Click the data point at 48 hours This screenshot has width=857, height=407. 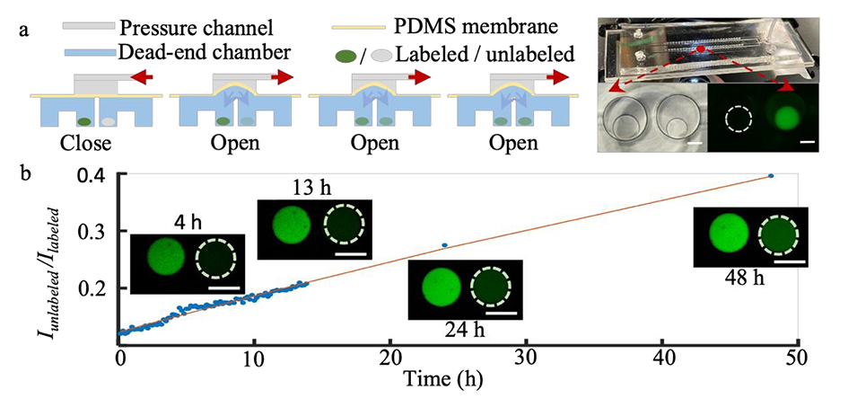pyautogui.click(x=771, y=176)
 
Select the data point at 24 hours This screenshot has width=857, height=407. pyautogui.click(x=444, y=245)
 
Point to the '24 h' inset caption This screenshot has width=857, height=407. pyautogui.click(x=465, y=330)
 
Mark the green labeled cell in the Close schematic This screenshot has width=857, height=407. pyautogui.click(x=83, y=120)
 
